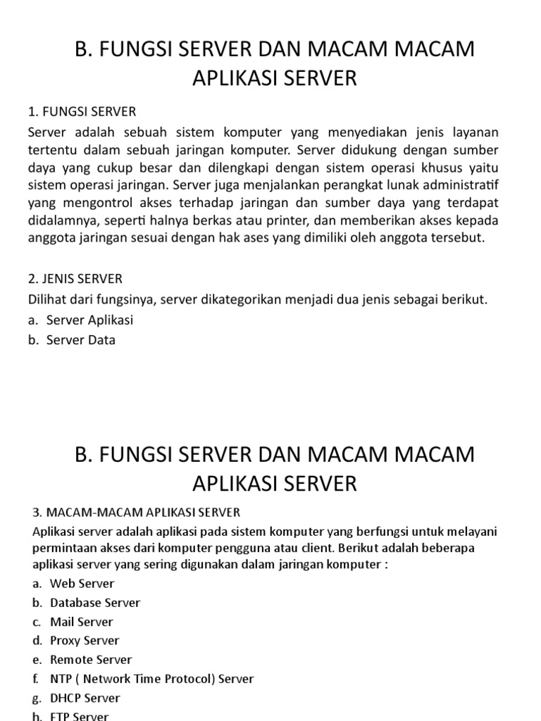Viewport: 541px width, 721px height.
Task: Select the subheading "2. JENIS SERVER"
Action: (x=75, y=279)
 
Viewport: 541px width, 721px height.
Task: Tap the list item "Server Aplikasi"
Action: (x=89, y=320)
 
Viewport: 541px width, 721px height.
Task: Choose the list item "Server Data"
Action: (x=81, y=339)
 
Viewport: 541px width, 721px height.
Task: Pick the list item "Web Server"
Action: (x=82, y=584)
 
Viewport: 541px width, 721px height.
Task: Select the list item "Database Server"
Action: (x=95, y=603)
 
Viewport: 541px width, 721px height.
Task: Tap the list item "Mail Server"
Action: (x=81, y=622)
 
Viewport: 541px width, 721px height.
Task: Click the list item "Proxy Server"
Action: (x=85, y=641)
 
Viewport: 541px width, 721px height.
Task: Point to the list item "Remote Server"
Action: (x=91, y=660)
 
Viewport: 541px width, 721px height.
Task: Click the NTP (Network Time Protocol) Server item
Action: (x=151, y=679)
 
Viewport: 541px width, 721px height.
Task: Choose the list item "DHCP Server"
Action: (x=85, y=698)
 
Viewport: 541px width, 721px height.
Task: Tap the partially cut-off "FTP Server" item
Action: (x=80, y=716)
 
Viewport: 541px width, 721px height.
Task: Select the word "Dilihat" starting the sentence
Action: (x=49, y=299)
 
